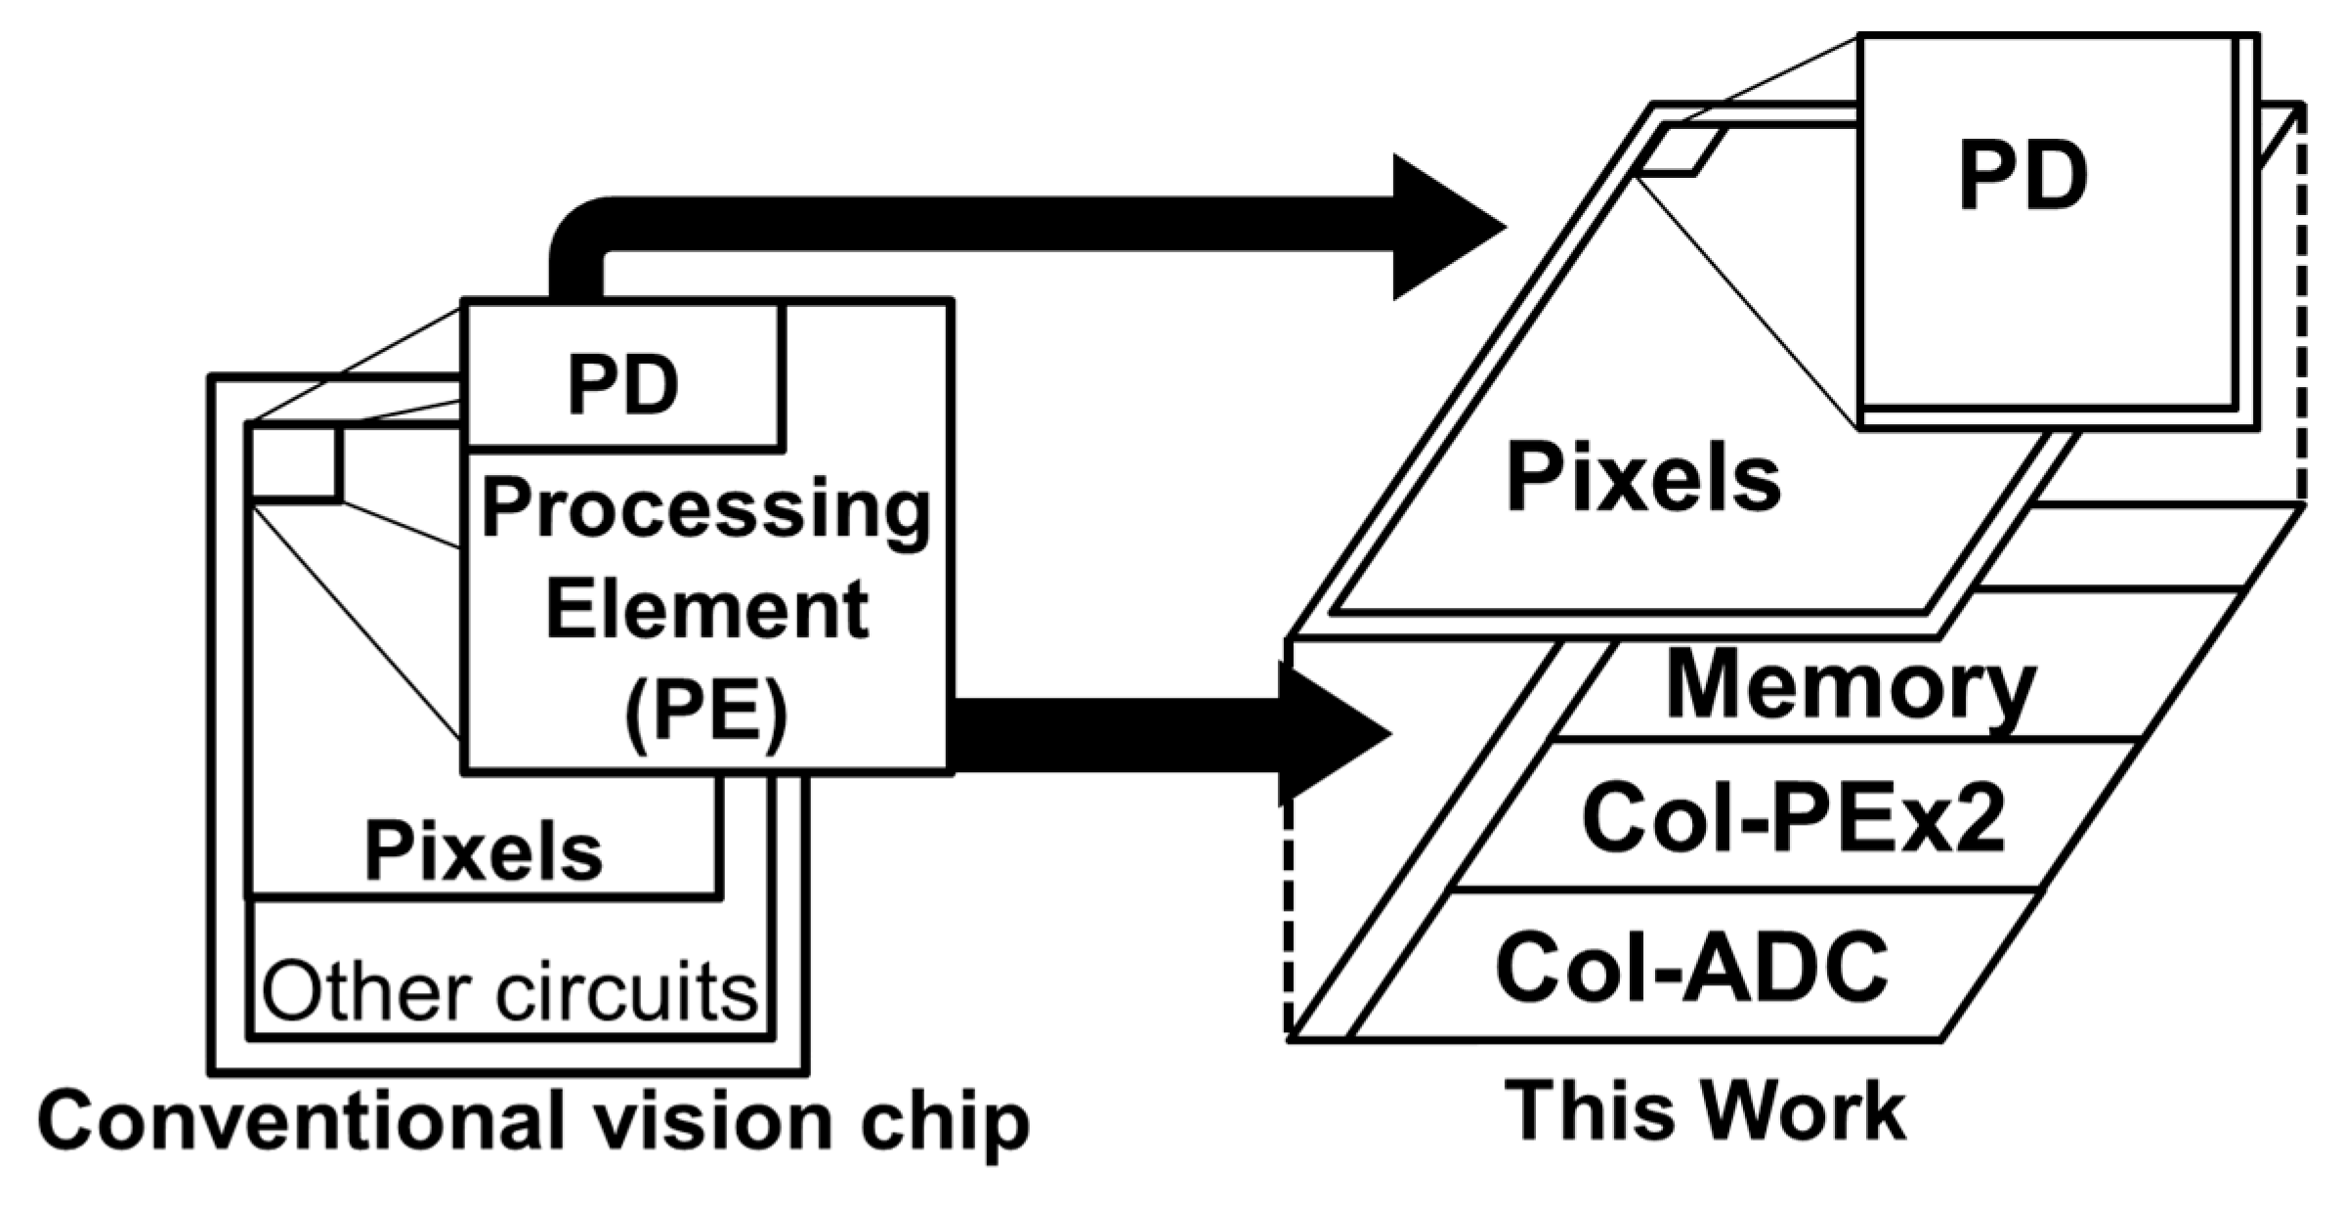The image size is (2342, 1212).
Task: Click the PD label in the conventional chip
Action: point(623,385)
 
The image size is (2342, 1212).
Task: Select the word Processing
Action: point(705,510)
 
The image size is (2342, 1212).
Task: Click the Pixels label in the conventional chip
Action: point(484,850)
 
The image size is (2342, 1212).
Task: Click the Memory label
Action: point(1851,688)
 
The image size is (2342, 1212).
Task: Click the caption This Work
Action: point(1705,1112)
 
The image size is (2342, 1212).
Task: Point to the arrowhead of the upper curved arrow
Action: point(1446,228)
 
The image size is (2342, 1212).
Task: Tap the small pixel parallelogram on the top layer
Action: point(1681,152)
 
